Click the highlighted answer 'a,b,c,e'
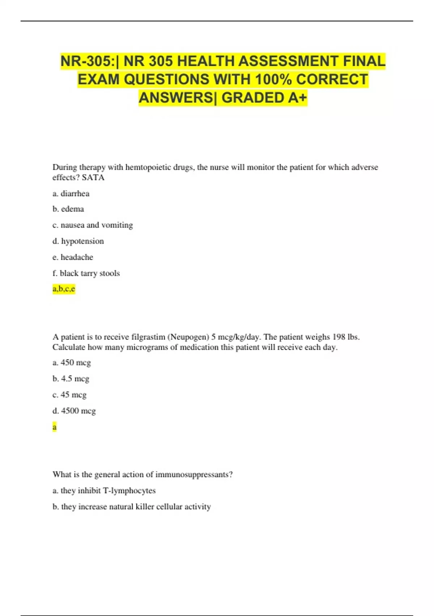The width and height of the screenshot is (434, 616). (x=64, y=289)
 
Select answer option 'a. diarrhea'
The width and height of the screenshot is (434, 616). (x=71, y=193)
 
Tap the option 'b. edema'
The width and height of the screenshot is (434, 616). (x=68, y=209)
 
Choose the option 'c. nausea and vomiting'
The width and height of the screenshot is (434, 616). (x=93, y=225)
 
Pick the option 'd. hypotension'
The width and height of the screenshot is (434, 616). (x=78, y=241)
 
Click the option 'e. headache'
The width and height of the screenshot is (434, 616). (x=73, y=257)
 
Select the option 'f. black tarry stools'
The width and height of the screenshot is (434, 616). (x=86, y=273)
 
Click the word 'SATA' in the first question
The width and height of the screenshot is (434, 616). (x=93, y=178)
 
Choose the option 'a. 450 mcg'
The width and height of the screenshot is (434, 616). (x=72, y=363)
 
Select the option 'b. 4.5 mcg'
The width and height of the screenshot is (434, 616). (x=71, y=379)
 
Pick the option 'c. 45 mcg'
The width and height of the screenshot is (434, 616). (x=69, y=395)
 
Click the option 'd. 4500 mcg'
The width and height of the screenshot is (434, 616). (x=74, y=411)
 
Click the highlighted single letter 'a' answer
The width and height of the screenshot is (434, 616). (x=55, y=427)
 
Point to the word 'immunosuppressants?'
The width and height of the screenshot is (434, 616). (x=194, y=475)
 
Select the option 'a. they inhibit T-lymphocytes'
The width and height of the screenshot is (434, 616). (x=104, y=491)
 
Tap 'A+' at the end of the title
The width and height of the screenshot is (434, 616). (x=297, y=98)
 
